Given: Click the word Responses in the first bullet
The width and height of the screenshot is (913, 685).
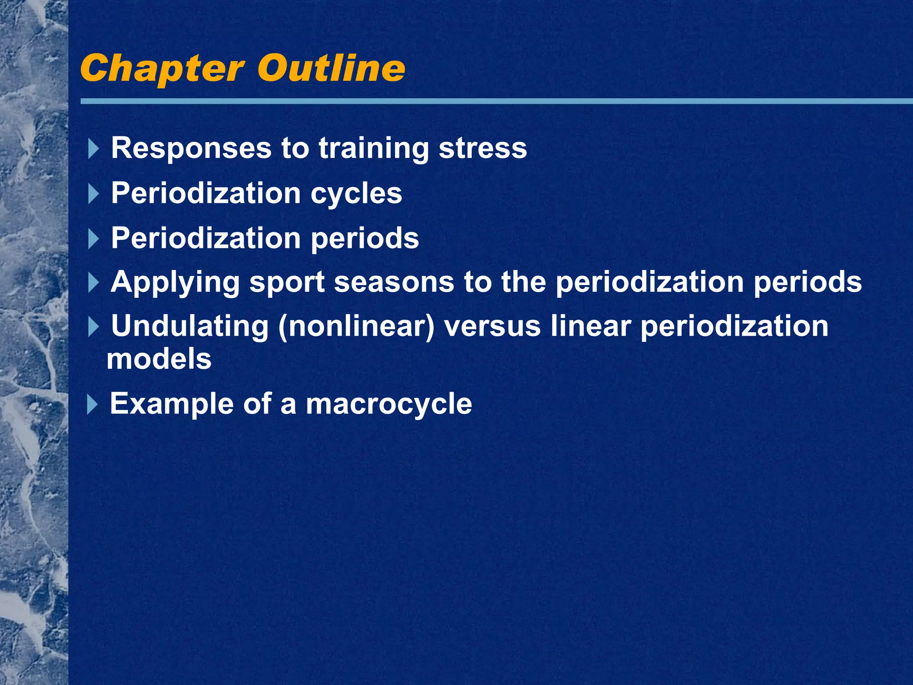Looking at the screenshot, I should (191, 148).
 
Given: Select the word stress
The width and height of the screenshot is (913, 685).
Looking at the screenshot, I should (482, 148).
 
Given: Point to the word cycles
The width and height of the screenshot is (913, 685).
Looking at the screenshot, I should (356, 194).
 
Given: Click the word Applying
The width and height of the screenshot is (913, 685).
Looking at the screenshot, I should (175, 283).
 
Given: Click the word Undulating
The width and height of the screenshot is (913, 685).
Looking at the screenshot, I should (189, 326).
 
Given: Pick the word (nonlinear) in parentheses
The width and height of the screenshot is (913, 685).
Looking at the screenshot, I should (356, 326).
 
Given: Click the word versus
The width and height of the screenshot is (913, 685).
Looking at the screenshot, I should (492, 326).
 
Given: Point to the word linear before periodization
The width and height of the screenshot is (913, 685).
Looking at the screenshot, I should (591, 326).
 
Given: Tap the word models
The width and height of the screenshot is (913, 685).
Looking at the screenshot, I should (159, 359).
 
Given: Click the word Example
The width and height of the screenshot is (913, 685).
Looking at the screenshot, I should (172, 404).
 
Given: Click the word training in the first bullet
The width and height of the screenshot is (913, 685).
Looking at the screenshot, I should (373, 148).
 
